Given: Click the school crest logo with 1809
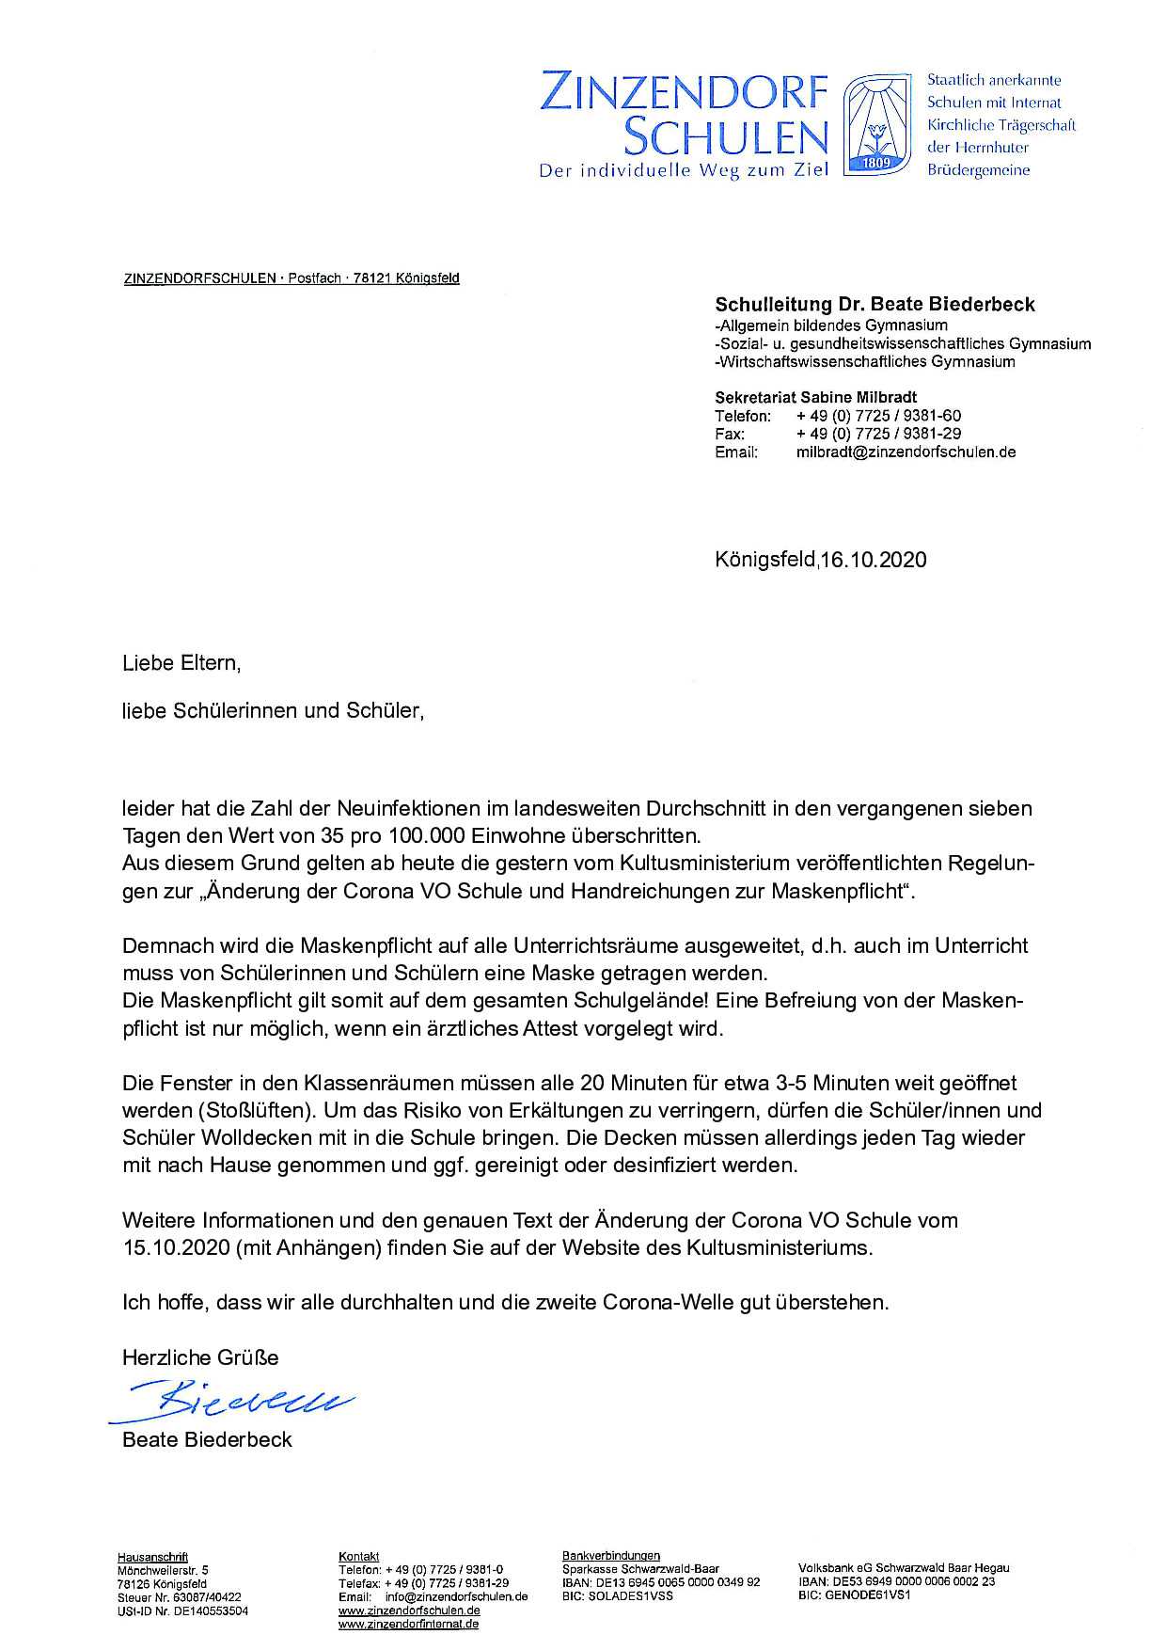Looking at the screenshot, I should point(876,126).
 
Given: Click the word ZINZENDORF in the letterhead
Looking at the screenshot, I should point(684,95).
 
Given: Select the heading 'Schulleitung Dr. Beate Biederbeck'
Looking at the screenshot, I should point(874,304).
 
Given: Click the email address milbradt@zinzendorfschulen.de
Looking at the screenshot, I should point(906,452).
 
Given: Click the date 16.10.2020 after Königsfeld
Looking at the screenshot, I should point(873,560).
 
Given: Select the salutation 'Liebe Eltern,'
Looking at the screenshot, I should point(181,663).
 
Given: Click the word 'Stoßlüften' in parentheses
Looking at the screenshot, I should point(249,1110).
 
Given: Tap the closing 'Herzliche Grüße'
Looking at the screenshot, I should point(200,1357).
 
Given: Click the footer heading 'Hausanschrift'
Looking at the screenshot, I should point(152,1557).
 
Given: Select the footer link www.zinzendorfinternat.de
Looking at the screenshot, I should point(409,1624).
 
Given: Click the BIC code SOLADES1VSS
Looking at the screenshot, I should point(618,1595).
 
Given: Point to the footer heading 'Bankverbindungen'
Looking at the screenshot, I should point(611,1556).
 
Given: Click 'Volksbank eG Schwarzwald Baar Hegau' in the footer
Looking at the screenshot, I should point(904,1568).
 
